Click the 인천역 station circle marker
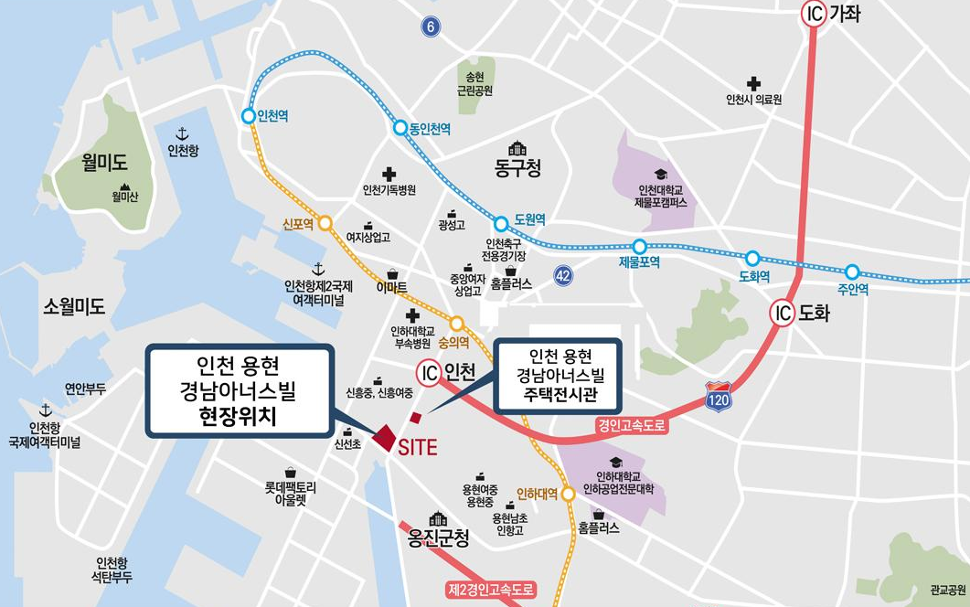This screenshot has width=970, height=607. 248,116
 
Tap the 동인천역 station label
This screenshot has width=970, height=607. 429,130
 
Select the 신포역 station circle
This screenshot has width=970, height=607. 325,222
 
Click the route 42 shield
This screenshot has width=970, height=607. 564,274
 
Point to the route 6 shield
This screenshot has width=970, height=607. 430,27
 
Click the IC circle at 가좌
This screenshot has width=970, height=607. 814,14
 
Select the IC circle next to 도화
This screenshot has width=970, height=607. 783,313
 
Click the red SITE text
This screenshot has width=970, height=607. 418,448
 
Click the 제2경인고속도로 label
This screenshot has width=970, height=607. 490,590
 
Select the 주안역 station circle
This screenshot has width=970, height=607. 852,272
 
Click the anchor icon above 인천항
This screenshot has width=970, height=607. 181,134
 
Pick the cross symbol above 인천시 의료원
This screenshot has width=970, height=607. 753,83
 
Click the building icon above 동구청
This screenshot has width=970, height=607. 517,148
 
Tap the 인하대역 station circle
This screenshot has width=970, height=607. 568,494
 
